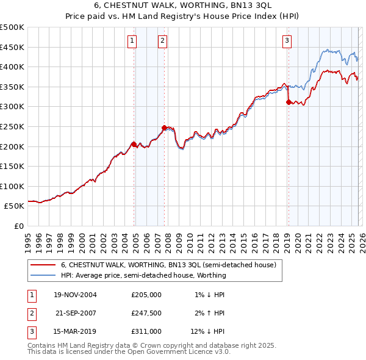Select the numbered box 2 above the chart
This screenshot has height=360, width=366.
click(163, 41)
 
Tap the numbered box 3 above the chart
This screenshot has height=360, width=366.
click(287, 41)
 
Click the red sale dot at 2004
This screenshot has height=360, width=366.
click(134, 145)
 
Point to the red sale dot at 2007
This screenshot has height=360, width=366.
click(164, 128)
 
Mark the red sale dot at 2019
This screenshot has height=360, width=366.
click(289, 103)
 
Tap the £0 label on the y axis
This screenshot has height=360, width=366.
click(19, 226)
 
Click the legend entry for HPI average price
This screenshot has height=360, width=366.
click(143, 275)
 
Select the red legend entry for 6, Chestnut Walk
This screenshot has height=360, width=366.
click(168, 265)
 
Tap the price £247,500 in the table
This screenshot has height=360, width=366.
click(146, 313)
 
